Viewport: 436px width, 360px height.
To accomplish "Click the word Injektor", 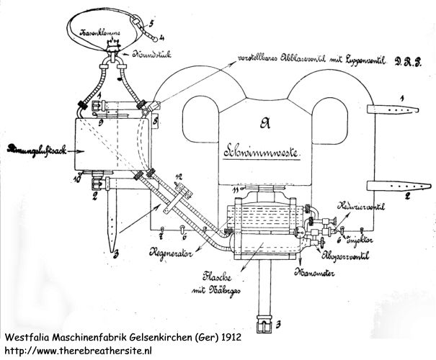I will click(368, 238).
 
